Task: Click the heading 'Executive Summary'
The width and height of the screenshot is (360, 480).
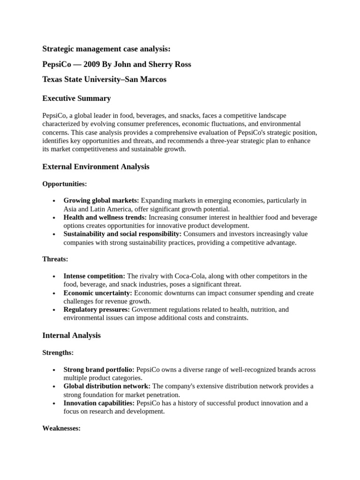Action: [76, 98]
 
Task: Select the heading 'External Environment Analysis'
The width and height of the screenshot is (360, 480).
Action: [96, 167]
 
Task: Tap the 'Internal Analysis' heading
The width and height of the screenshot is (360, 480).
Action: [71, 336]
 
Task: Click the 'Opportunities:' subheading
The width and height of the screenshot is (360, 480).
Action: [64, 184]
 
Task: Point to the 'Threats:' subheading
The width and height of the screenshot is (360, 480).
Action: [55, 259]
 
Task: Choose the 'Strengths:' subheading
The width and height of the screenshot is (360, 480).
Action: [58, 352]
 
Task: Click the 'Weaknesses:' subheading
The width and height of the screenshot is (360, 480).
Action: [61, 428]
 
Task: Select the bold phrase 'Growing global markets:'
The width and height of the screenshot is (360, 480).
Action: [101, 201]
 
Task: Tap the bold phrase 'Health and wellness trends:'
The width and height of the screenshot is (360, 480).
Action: [105, 217]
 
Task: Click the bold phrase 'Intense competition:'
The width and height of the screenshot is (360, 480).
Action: [94, 276]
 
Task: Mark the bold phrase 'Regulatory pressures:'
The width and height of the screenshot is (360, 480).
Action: [97, 310]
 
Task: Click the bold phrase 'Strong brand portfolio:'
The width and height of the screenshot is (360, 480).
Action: [99, 369]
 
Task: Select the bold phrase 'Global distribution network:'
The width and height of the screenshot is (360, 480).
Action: [107, 386]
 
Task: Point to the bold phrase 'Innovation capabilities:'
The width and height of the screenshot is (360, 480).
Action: [99, 403]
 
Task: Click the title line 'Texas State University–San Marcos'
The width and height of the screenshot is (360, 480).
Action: [104, 80]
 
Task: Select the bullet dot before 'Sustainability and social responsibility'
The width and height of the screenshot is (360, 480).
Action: [55, 234]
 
